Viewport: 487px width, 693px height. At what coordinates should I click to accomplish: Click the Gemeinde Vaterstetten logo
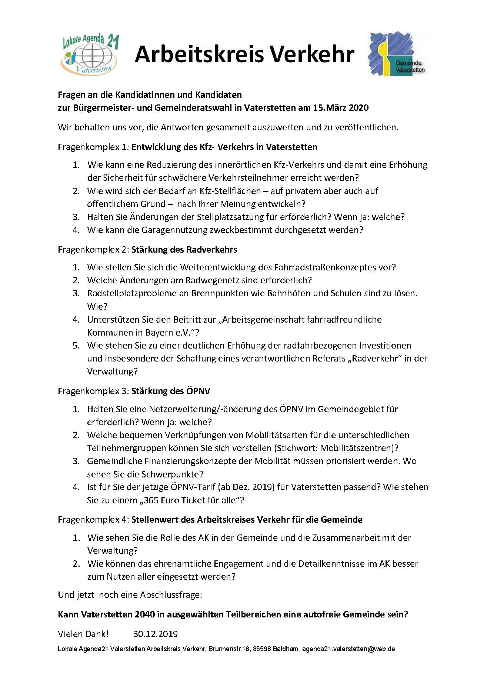click(x=397, y=54)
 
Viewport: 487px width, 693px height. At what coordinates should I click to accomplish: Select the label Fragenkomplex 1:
click(x=93, y=147)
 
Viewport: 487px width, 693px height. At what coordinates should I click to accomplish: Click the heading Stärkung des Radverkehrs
click(x=184, y=250)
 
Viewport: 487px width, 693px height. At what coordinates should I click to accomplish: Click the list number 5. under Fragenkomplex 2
click(x=76, y=346)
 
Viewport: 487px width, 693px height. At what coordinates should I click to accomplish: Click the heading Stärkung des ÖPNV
click(x=171, y=391)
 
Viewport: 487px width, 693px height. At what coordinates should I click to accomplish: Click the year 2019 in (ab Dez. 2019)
click(x=262, y=487)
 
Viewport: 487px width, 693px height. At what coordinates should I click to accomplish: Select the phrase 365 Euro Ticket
click(x=181, y=500)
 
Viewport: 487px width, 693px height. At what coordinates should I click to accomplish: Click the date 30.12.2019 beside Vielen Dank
click(x=155, y=634)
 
